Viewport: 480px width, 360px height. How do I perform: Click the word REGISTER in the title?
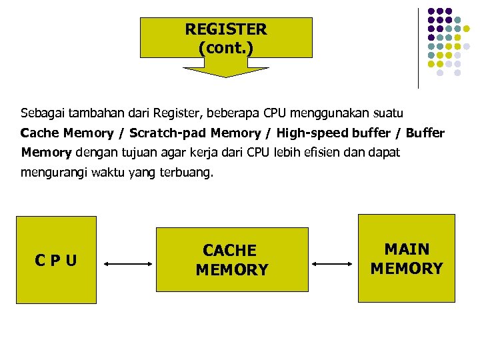pyautogui.click(x=225, y=29)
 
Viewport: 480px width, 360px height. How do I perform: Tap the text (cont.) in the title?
pyautogui.click(x=225, y=48)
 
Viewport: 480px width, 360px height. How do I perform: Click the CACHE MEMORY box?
pyautogui.click(x=232, y=259)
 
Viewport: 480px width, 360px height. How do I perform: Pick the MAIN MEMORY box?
pyautogui.click(x=406, y=258)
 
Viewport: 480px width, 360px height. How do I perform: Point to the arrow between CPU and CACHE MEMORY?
pyautogui.click(x=129, y=264)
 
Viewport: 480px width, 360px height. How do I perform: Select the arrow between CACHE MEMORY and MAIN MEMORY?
pyautogui.click(x=333, y=264)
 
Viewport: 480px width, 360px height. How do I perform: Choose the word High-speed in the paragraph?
pyautogui.click(x=309, y=133)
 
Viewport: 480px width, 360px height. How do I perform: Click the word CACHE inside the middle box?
pyautogui.click(x=229, y=251)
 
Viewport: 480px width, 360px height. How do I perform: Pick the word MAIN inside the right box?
pyautogui.click(x=407, y=249)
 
